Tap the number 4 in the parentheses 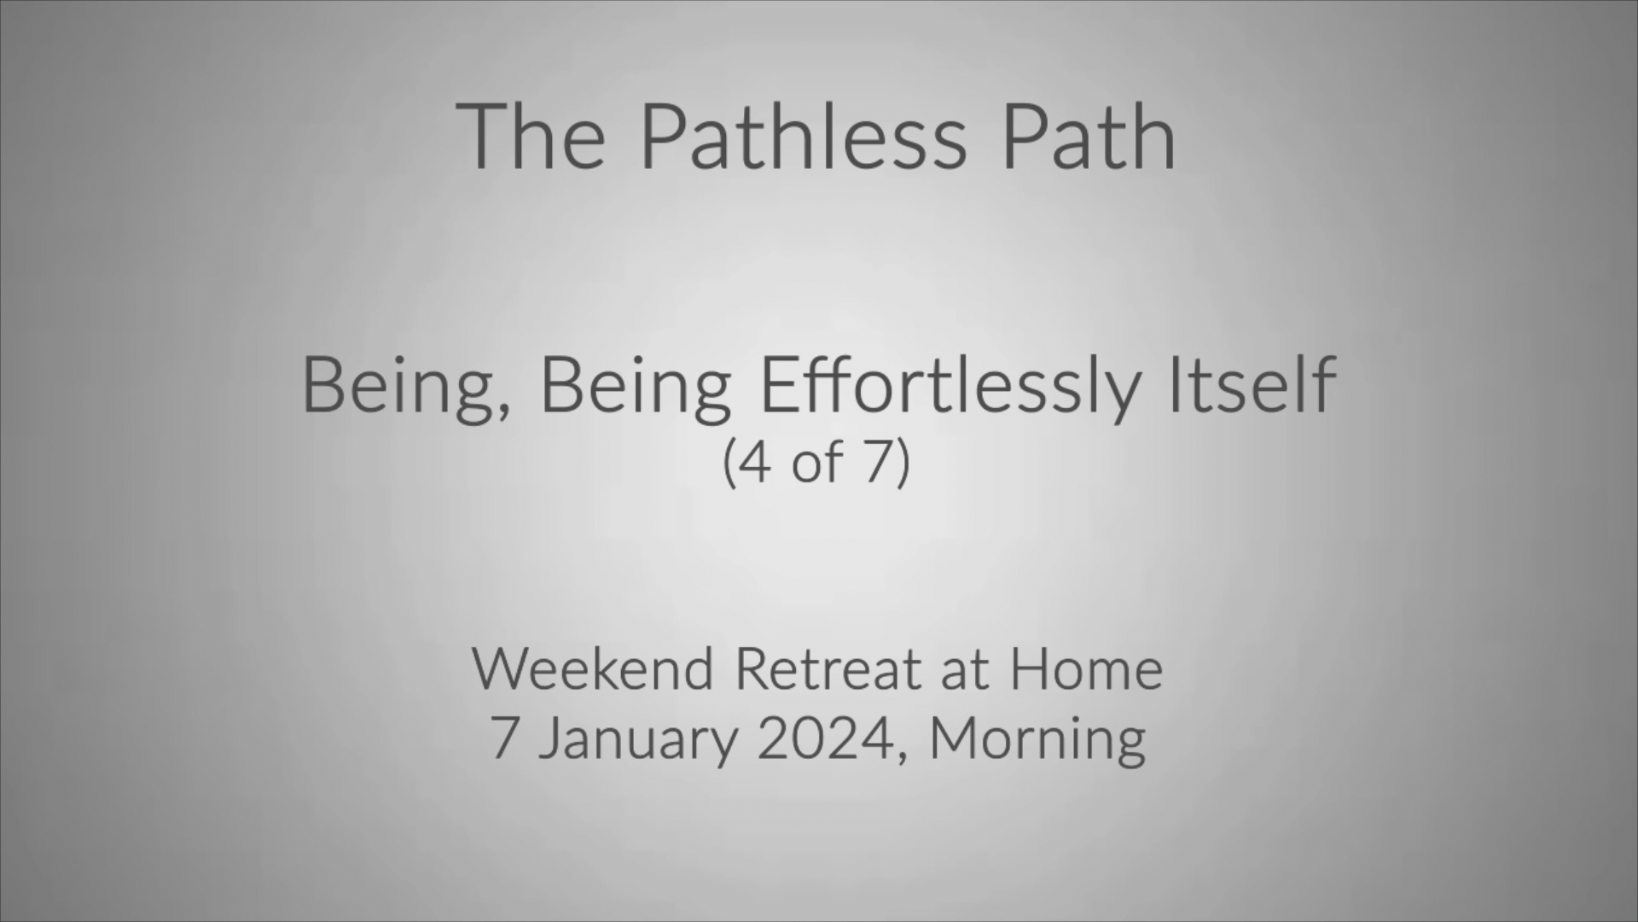[x=755, y=462]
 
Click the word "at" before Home [x=965, y=671]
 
